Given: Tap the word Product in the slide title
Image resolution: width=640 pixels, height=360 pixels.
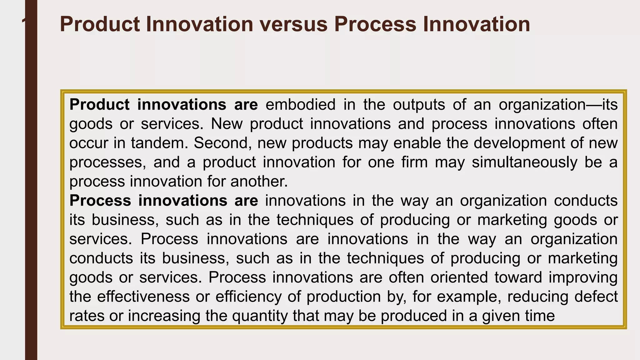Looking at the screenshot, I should [100, 24].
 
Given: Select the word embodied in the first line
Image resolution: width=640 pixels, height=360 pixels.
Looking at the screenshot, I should [300, 104].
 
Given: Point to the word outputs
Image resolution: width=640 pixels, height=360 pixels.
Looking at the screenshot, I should [419, 104].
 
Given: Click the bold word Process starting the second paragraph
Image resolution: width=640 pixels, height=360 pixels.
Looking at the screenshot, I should [100, 201].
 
